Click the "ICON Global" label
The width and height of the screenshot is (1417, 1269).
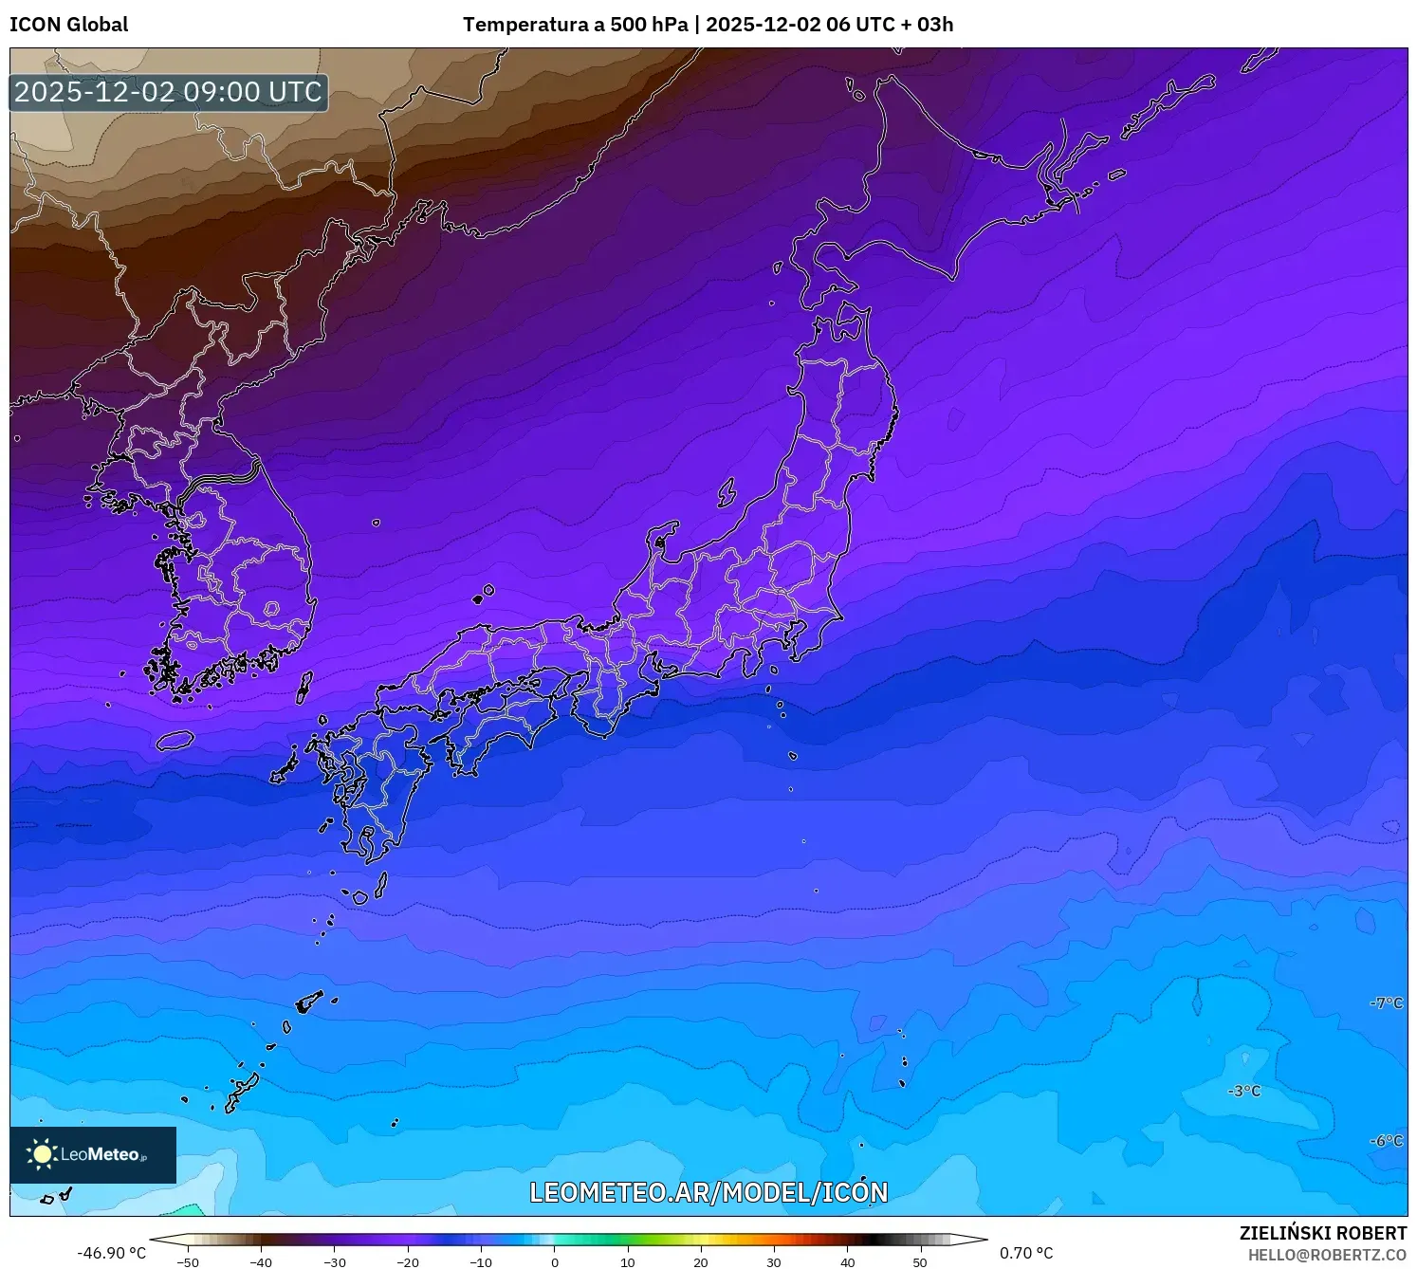point(68,25)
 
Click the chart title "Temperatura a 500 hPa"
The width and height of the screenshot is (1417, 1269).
point(575,25)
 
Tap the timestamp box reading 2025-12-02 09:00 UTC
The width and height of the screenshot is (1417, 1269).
point(169,92)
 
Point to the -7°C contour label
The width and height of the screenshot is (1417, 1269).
point(1386,1002)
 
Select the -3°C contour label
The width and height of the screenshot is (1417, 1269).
point(1244,1091)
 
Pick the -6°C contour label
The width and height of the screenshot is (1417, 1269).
point(1386,1140)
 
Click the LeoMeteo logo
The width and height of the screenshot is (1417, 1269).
point(93,1154)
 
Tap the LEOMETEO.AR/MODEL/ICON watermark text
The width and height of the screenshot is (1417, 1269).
point(708,1192)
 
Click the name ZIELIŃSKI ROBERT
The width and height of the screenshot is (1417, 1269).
point(1322,1233)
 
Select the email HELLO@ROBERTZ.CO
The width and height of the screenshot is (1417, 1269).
point(1326,1255)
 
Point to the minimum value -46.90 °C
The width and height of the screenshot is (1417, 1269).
point(112,1253)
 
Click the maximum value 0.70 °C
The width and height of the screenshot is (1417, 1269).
point(1026,1253)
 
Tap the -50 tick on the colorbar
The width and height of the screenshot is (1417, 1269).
point(188,1262)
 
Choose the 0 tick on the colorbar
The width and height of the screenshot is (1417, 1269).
point(555,1262)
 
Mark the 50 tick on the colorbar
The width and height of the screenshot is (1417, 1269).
point(920,1262)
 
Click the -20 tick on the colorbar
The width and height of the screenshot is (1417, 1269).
point(407,1262)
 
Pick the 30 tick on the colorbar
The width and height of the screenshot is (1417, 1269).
point(774,1262)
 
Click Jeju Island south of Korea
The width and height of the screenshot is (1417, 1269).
point(175,740)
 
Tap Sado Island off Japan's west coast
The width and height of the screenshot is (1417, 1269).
point(727,492)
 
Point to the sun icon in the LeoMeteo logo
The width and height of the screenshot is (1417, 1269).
point(43,1154)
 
